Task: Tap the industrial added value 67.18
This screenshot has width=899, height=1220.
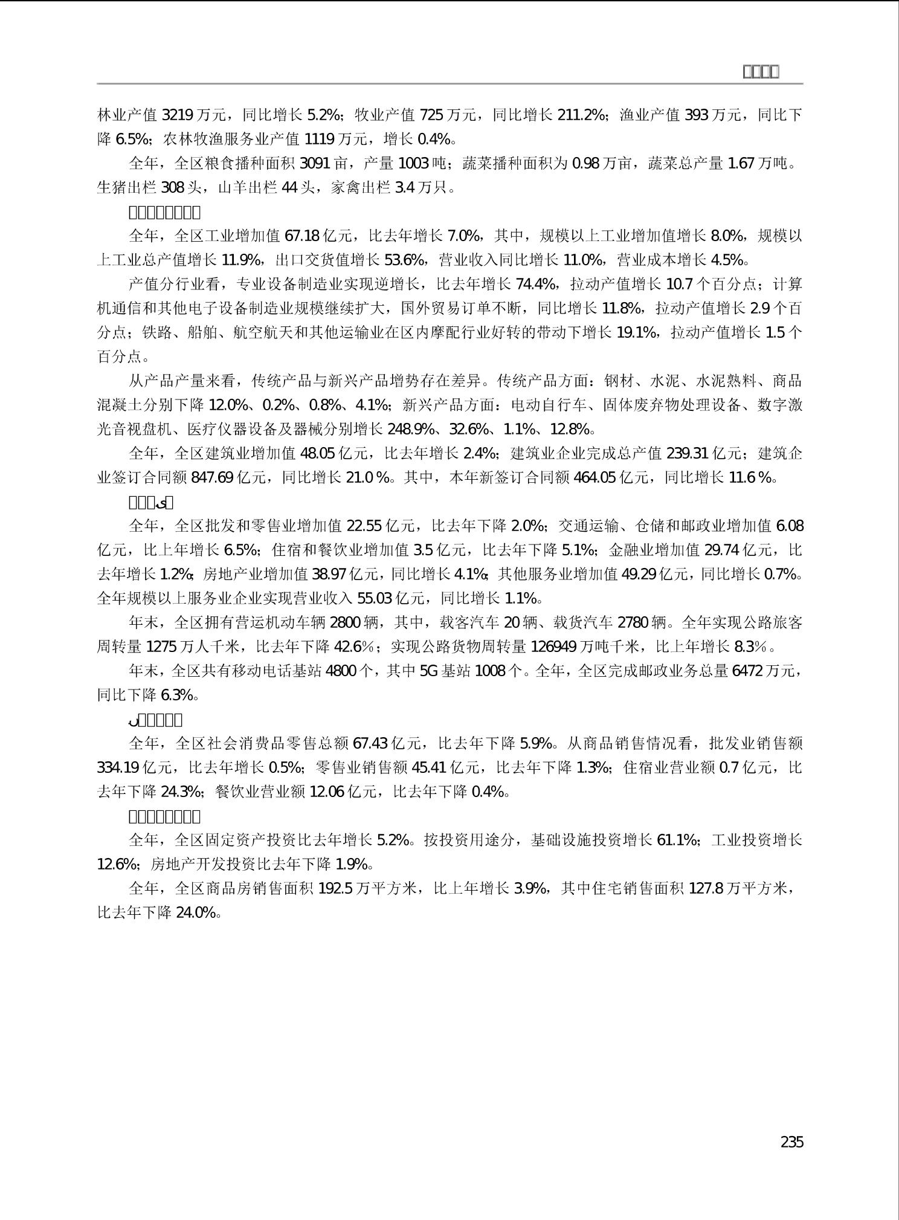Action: click(301, 236)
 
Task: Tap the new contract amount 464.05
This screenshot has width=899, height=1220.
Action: click(594, 477)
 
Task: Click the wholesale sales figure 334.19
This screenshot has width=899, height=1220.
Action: click(118, 767)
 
